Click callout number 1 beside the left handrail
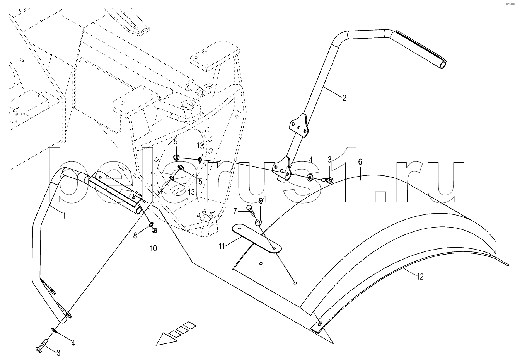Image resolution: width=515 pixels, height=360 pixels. pyautogui.click(x=64, y=216)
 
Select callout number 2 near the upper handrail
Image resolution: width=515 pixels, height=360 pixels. pyautogui.click(x=344, y=98)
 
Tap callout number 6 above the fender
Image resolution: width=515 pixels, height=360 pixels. pyautogui.click(x=360, y=162)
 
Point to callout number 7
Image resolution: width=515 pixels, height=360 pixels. pyautogui.click(x=235, y=211)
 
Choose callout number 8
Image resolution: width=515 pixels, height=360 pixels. pyautogui.click(x=135, y=236)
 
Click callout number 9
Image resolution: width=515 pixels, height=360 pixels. pyautogui.click(x=261, y=201)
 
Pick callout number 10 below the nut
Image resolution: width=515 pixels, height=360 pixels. pyautogui.click(x=153, y=248)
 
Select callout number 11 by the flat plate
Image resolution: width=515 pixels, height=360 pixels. pyautogui.click(x=222, y=247)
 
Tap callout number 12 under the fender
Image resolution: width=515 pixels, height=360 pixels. pyautogui.click(x=420, y=277)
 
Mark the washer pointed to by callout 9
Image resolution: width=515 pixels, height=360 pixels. pyautogui.click(x=259, y=222)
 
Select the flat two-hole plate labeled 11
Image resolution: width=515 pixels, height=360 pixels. pyautogui.click(x=257, y=239)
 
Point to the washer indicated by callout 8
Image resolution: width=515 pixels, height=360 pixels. pyautogui.click(x=152, y=224)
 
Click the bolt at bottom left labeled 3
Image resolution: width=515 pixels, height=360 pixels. pyautogui.click(x=42, y=346)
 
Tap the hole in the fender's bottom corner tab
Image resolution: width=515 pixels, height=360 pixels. pyautogui.click(x=320, y=323)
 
